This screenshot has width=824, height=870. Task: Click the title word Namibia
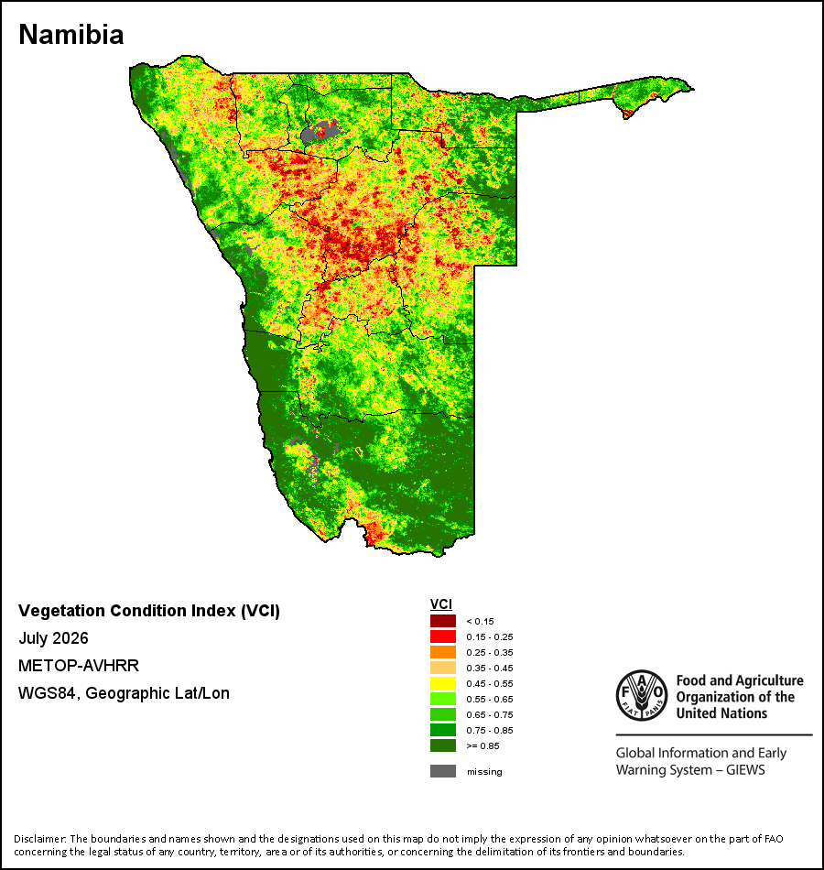pos(71,35)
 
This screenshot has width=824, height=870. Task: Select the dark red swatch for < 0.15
pos(443,621)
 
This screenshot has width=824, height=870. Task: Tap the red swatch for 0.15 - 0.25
pos(443,636)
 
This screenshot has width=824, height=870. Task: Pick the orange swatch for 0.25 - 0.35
pos(443,652)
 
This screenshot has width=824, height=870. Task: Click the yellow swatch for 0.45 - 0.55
pos(443,683)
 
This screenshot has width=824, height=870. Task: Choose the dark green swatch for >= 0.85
pos(443,745)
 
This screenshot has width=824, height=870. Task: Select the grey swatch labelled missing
pos(443,771)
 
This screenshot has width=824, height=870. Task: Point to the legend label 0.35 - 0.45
pos(490,668)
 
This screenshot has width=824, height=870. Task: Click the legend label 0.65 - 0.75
pos(490,714)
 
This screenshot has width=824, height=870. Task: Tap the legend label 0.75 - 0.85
pos(490,730)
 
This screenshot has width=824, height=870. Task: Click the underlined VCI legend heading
pos(441,604)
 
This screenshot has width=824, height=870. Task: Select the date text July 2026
pos(53,638)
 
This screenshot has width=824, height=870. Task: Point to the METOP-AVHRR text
pos(79,665)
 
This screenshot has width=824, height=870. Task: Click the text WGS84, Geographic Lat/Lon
pos(124,693)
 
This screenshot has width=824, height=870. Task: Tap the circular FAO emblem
pos(642,695)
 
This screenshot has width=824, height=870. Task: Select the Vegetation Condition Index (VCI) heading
pos(149,611)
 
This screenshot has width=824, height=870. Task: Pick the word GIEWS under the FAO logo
pos(745,770)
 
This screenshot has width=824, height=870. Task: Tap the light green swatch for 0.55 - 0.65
pos(443,699)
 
